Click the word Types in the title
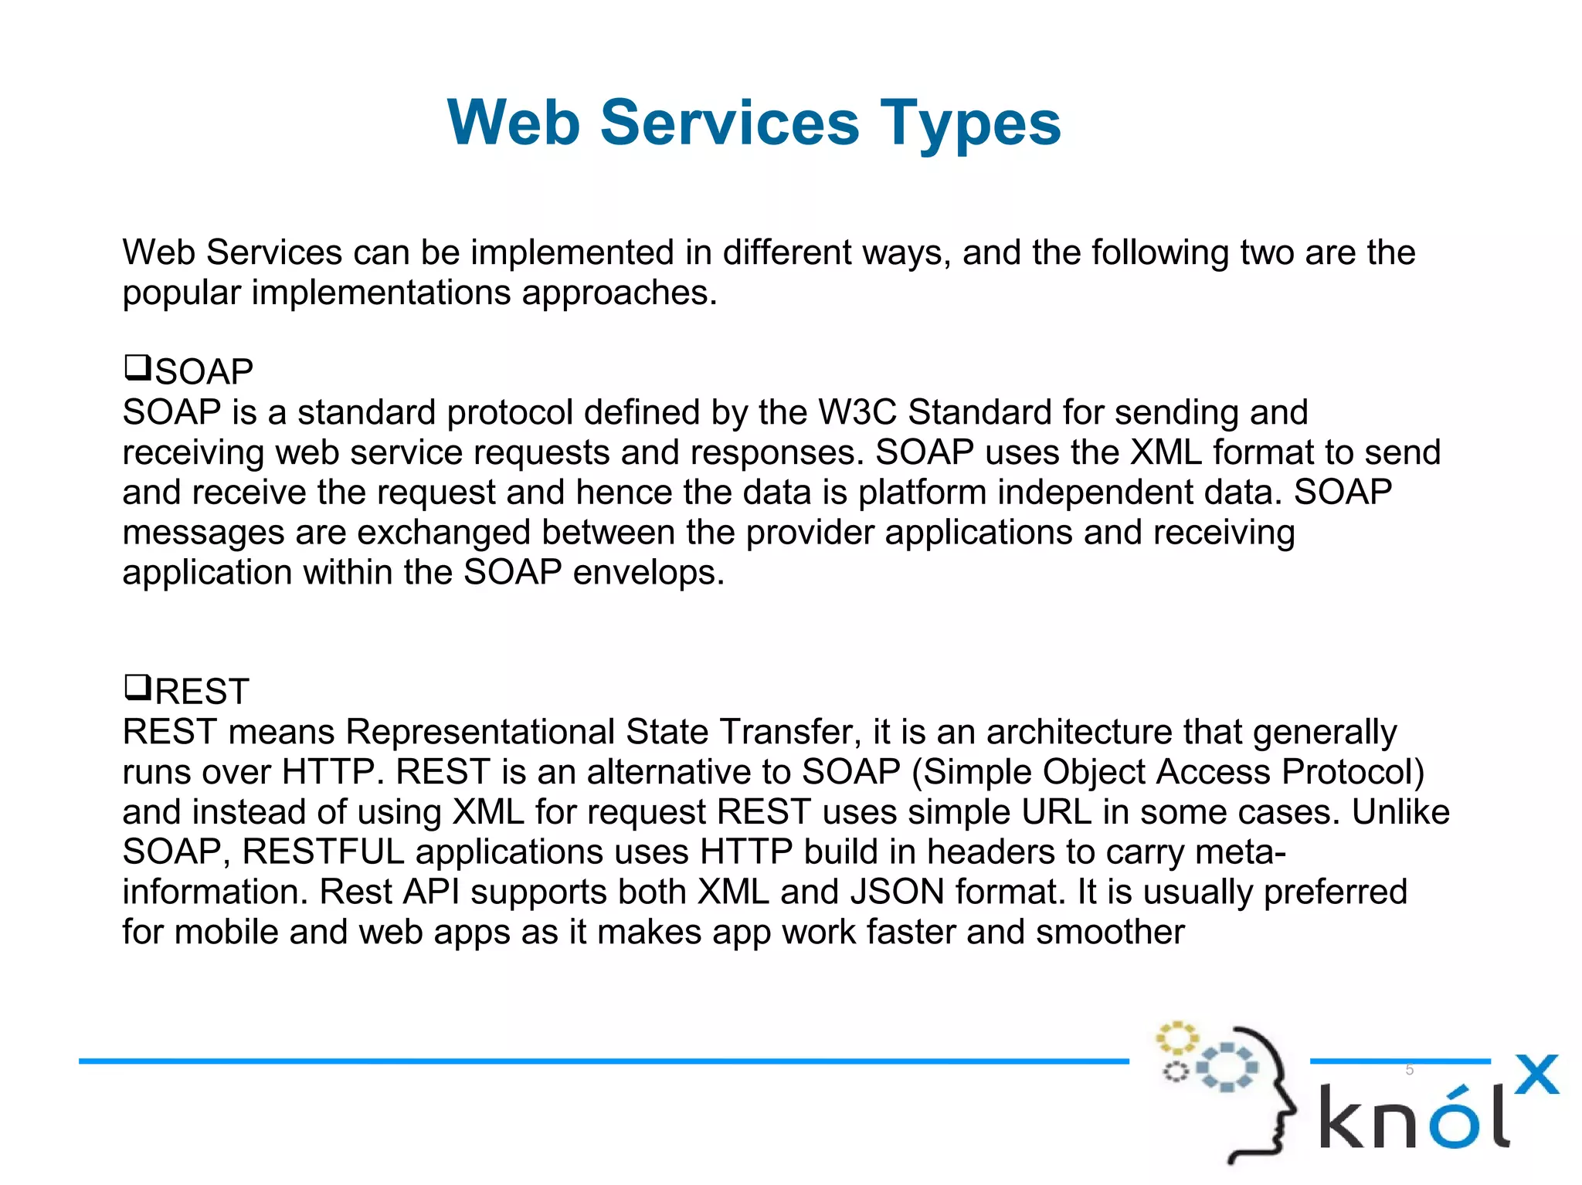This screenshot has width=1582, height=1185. click(x=970, y=124)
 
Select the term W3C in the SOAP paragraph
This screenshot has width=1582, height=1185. click(x=857, y=412)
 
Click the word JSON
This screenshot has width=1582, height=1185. click(x=897, y=892)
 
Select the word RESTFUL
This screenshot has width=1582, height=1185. click(x=323, y=852)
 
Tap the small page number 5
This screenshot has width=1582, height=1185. click(x=1409, y=1070)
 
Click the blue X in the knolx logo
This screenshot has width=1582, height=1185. click(x=1536, y=1075)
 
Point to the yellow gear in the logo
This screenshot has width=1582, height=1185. click(x=1176, y=1038)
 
